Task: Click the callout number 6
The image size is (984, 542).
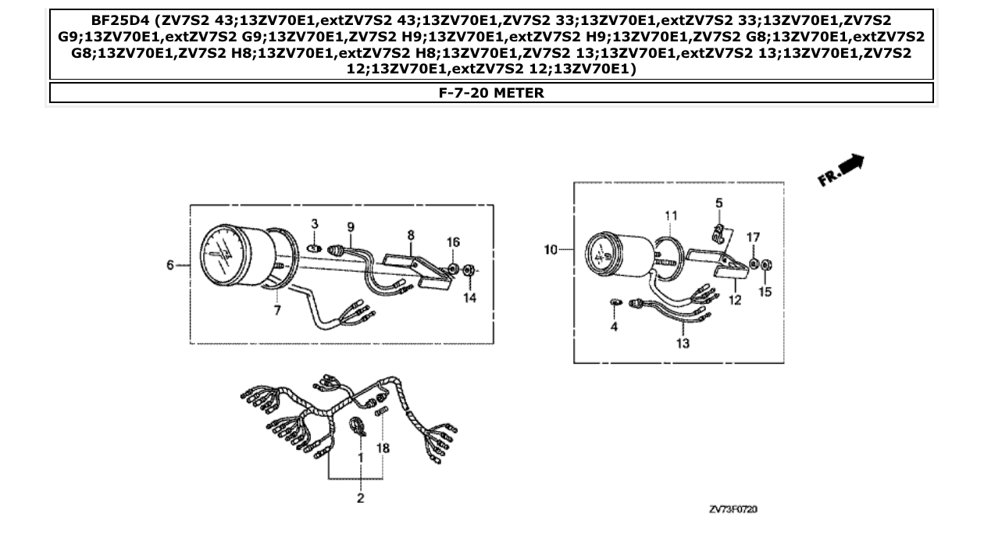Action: [169, 266]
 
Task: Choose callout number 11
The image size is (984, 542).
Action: [671, 216]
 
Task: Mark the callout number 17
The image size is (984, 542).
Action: [753, 237]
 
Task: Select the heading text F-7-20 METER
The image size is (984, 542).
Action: [491, 93]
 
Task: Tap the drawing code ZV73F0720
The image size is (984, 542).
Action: [733, 509]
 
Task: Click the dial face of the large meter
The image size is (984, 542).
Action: [223, 255]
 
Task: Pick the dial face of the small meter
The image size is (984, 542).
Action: [603, 254]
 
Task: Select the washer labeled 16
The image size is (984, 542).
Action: [453, 269]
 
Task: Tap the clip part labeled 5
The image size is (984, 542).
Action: [721, 232]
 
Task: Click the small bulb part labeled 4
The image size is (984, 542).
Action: [614, 302]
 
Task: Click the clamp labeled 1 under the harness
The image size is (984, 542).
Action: [359, 426]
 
